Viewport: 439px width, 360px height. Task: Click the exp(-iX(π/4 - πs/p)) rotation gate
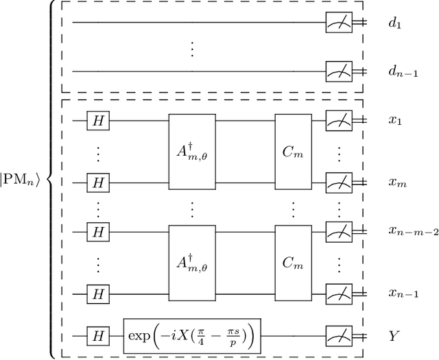[x=193, y=336]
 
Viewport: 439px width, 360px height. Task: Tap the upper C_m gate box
[x=294, y=151]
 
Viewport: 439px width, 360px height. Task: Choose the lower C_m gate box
[x=294, y=263]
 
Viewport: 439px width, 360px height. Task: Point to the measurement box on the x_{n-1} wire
[x=339, y=296]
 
